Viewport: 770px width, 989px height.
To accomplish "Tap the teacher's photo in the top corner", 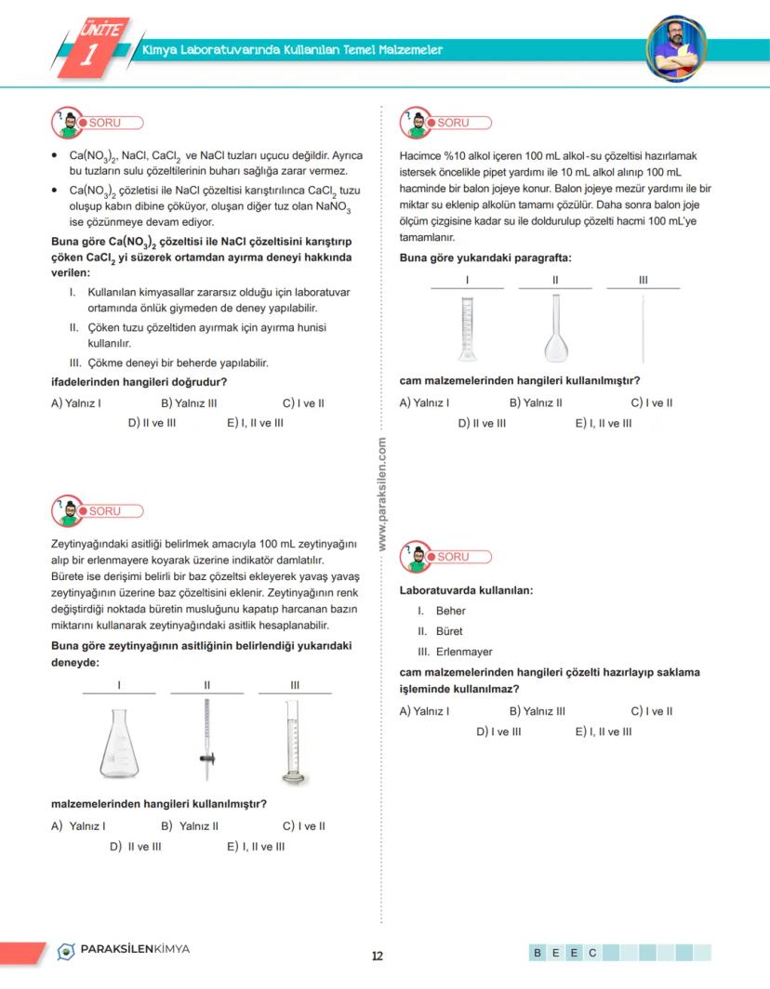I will tap(676, 46).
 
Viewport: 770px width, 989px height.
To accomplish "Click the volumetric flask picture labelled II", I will tap(555, 328).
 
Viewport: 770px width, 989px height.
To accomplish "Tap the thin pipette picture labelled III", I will tap(643, 328).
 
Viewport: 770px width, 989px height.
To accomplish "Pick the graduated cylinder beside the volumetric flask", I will tap(467, 328).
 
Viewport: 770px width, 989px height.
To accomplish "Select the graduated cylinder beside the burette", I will tap(294, 739).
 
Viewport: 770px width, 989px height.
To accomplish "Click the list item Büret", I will tap(449, 631).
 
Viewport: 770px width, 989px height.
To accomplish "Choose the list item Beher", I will tap(450, 611).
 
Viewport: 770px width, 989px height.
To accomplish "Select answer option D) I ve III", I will tap(498, 732).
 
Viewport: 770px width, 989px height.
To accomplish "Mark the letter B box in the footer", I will tap(538, 953).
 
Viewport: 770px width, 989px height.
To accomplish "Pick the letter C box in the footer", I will tap(591, 953).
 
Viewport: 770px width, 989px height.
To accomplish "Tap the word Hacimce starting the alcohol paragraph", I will tap(421, 155).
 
